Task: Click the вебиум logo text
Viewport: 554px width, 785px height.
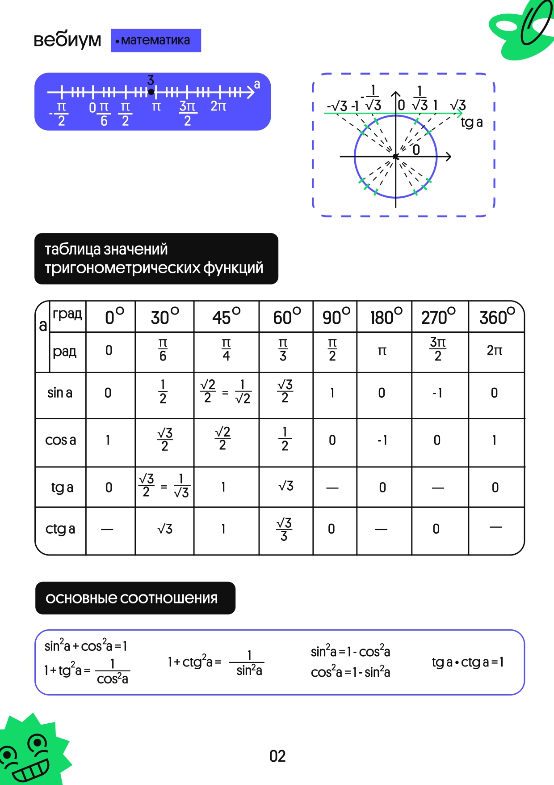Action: click(x=67, y=40)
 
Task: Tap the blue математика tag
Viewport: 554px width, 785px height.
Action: click(x=155, y=41)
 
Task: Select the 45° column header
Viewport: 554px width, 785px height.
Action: click(x=226, y=317)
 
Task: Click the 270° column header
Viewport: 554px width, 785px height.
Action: click(x=438, y=317)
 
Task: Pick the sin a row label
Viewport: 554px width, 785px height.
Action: click(x=60, y=393)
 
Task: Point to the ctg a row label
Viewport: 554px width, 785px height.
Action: click(x=60, y=529)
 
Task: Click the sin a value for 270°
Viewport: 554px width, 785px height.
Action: click(x=437, y=393)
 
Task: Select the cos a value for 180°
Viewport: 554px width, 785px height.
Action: click(x=382, y=441)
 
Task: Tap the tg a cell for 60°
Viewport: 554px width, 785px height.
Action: click(x=285, y=486)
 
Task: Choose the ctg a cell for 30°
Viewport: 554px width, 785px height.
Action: click(x=165, y=529)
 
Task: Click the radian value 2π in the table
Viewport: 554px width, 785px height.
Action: click(x=495, y=351)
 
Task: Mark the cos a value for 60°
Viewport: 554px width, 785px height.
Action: click(x=285, y=439)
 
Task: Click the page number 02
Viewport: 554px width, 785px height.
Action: click(x=277, y=756)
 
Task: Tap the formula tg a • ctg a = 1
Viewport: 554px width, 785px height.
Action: click(x=468, y=662)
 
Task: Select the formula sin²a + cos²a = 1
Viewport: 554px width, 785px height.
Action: click(x=86, y=646)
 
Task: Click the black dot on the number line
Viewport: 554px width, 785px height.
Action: click(x=151, y=92)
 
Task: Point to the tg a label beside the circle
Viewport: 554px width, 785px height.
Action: click(x=472, y=123)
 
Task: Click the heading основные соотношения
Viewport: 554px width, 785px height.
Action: click(x=132, y=598)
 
